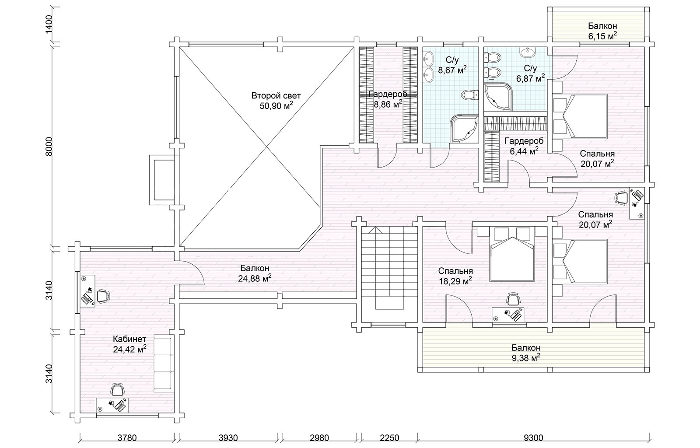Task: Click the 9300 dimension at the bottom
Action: click(533, 438)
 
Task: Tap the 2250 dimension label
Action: click(389, 438)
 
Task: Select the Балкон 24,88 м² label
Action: click(255, 273)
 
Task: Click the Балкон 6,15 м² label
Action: click(602, 31)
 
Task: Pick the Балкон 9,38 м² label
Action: click(526, 353)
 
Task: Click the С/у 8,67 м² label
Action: click(452, 65)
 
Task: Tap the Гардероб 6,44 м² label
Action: click(524, 146)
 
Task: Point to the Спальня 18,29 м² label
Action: click(455, 276)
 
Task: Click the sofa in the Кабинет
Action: click(163, 364)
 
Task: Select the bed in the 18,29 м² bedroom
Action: click(511, 254)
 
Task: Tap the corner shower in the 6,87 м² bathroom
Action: click(498, 96)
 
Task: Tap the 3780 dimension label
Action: click(127, 438)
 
